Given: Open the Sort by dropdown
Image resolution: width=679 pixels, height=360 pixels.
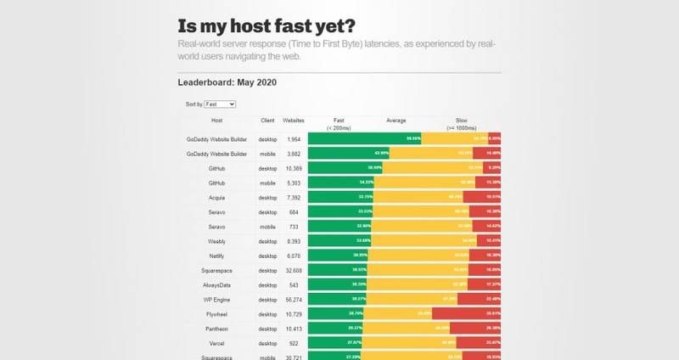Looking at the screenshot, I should coord(220,104).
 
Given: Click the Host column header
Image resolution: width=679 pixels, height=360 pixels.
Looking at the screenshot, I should coord(216,121).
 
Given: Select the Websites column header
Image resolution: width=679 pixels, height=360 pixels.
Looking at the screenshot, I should coord(294,121).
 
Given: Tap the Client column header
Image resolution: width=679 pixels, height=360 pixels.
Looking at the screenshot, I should coord(267,121).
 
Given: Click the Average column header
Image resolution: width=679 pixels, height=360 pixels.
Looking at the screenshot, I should coord(396,121).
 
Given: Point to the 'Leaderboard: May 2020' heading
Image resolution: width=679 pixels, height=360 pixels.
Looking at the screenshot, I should coord(227,82).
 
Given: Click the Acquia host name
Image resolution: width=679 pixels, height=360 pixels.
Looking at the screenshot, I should coord(216,197).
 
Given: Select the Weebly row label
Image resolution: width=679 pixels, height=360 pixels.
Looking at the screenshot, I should coord(216,241).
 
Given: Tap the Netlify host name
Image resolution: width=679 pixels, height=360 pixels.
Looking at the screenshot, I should coord(216,256).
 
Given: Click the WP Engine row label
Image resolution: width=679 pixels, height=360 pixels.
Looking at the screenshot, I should coord(216,299).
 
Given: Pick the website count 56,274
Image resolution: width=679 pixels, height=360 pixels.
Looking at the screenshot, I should coord(294,299).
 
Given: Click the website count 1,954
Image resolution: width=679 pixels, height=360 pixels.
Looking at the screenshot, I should coord(294,138).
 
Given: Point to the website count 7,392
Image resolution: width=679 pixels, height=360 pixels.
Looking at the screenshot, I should coord(294,197).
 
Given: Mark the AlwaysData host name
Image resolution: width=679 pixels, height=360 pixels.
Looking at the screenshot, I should coord(216,284).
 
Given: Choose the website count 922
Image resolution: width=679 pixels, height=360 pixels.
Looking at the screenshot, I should coord(294,343).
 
